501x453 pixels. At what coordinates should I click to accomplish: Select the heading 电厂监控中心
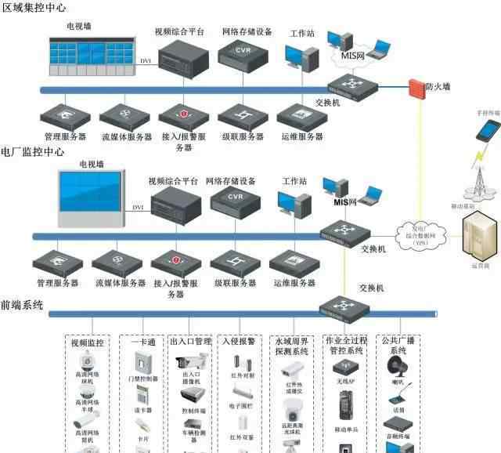point(32,151)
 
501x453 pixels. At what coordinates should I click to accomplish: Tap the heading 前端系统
point(22,304)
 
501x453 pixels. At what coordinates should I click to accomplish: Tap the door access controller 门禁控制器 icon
point(142,362)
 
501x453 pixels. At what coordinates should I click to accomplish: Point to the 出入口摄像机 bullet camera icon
point(193,362)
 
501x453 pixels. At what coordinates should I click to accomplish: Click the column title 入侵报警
point(240,342)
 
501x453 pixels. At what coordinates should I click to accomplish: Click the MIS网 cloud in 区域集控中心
point(353,55)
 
